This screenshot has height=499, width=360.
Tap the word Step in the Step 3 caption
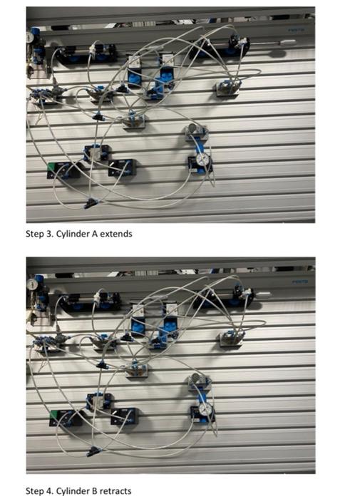pos(34,234)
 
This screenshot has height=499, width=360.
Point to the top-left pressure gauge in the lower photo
pos(33,284)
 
